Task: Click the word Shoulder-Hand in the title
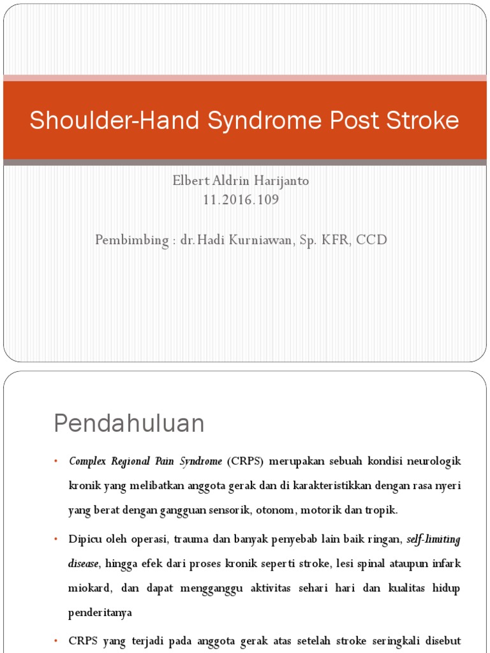coord(114,120)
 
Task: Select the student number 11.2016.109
coord(241,200)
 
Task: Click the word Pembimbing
coord(131,240)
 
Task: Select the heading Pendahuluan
coord(129,423)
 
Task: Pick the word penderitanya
coord(100,613)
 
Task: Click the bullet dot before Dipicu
coord(56,539)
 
